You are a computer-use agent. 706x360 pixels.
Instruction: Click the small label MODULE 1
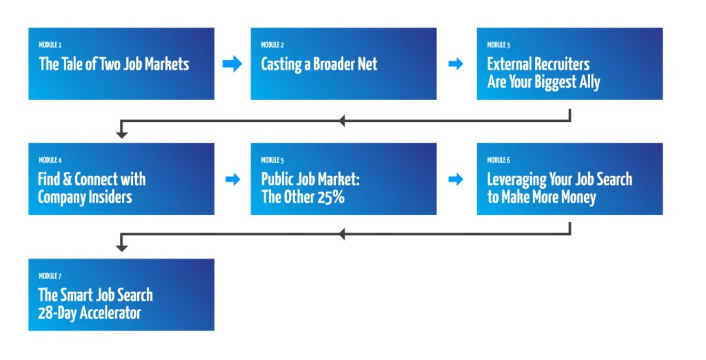(50, 45)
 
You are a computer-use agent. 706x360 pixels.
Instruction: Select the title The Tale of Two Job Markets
(114, 64)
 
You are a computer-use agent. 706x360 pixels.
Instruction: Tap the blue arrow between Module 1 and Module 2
(232, 64)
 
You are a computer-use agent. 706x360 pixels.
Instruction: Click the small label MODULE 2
(272, 45)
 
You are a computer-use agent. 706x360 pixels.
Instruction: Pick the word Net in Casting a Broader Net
(365, 64)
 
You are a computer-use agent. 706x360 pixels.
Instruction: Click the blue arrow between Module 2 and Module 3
(456, 64)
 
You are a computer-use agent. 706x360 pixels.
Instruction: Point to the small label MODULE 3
(498, 45)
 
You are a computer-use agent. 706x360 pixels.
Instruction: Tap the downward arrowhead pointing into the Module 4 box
(122, 134)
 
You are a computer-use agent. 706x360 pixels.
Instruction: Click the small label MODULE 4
(50, 160)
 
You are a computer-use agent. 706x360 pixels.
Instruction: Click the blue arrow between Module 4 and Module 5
(232, 179)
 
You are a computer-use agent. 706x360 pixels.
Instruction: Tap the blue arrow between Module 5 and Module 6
(456, 179)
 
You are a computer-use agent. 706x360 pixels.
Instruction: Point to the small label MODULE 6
(498, 160)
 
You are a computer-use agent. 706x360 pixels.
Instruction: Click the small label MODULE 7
(50, 276)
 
